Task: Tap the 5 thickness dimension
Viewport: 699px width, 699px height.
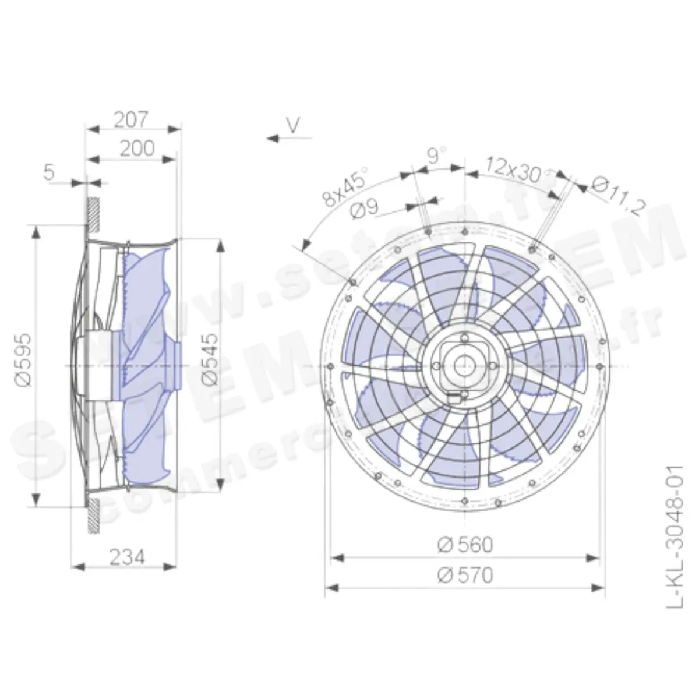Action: coord(49,172)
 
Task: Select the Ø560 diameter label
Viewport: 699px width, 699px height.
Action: coord(465,545)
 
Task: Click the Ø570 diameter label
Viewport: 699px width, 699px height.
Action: coord(465,575)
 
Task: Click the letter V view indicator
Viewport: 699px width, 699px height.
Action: coord(294,124)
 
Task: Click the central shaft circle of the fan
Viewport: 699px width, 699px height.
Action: coord(464,366)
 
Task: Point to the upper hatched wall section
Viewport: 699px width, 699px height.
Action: coord(93,213)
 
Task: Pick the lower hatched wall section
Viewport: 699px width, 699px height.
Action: coord(93,515)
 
